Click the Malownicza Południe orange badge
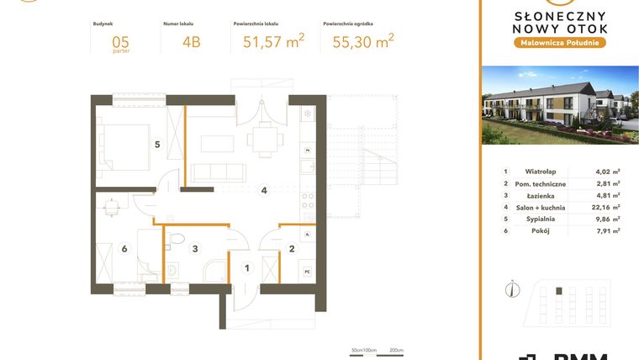coord(559,42)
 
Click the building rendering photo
coord(559,106)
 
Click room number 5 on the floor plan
coord(156,144)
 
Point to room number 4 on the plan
coord(264,191)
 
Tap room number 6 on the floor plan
coord(124,248)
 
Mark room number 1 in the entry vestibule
coord(246,268)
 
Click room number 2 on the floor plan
coord(291,248)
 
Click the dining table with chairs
coord(264,137)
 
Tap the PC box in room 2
coord(308,271)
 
